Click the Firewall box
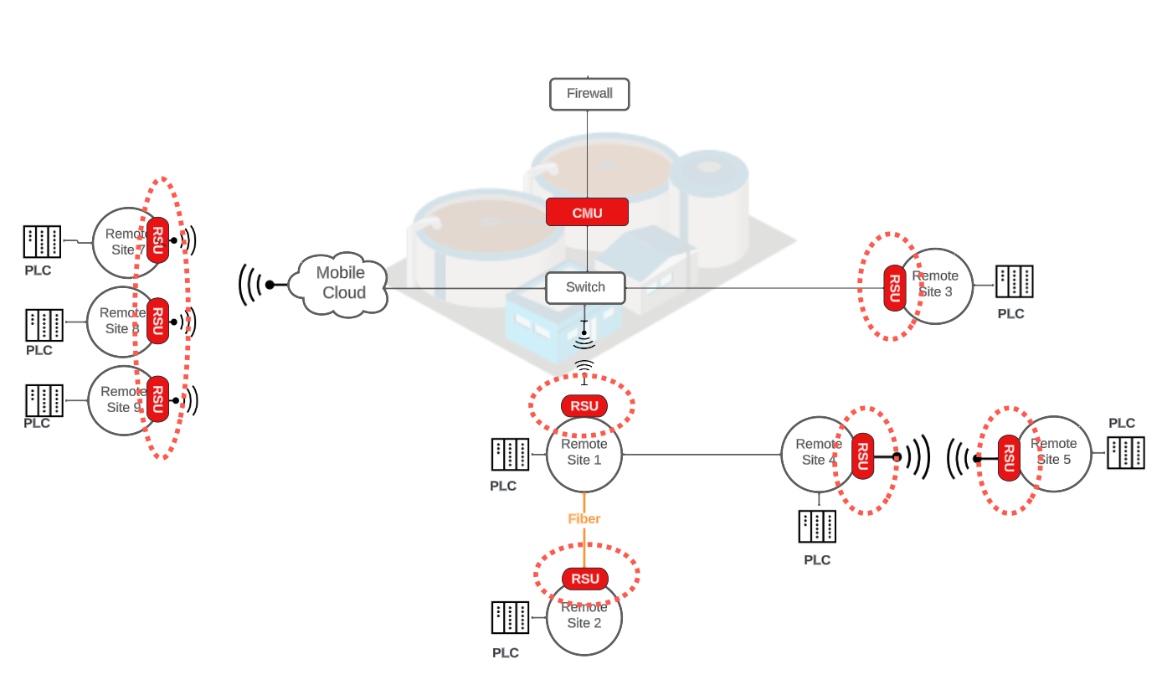click(x=589, y=94)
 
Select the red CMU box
click(x=587, y=213)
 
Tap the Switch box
click(x=585, y=288)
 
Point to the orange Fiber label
click(x=584, y=519)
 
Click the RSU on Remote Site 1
click(x=584, y=406)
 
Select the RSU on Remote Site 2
click(x=585, y=579)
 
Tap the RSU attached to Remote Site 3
click(x=894, y=288)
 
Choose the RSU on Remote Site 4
click(x=862, y=456)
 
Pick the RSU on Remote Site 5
click(x=1009, y=458)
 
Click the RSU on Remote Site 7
click(x=157, y=240)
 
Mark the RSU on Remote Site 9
click(x=157, y=399)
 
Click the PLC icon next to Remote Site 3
click(x=1014, y=282)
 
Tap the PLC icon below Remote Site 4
click(x=817, y=527)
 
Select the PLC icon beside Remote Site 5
click(x=1125, y=452)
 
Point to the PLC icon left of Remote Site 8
click(x=44, y=325)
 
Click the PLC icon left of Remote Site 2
click(x=510, y=618)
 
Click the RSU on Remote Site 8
click(x=157, y=321)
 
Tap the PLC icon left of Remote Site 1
click(x=510, y=455)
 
